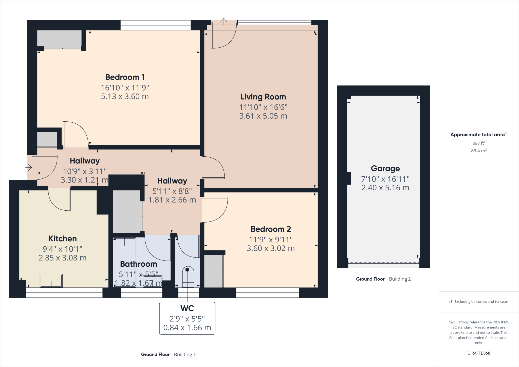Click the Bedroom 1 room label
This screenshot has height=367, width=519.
(x=125, y=77)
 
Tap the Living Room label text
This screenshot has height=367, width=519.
(x=263, y=97)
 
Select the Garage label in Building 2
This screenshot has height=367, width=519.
(x=385, y=169)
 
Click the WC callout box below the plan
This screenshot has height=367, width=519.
(x=187, y=318)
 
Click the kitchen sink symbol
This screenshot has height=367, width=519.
(x=51, y=280)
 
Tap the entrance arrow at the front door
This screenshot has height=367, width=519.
(x=28, y=168)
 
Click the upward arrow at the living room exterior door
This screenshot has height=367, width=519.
(x=224, y=21)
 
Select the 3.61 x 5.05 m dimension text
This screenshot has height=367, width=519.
(x=263, y=116)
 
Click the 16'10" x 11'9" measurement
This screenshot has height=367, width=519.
(x=125, y=88)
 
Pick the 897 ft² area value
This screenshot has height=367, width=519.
(x=478, y=143)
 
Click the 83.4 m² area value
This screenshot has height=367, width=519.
(x=478, y=151)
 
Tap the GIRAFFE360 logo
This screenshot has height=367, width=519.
(x=478, y=353)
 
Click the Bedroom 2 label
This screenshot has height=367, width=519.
(x=270, y=229)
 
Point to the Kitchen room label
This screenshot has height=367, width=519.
(x=62, y=238)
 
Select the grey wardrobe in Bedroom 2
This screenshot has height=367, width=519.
(x=214, y=271)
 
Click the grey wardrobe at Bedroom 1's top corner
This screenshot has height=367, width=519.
(x=59, y=39)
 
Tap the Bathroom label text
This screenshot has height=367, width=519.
(x=138, y=264)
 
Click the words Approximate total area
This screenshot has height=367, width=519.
(x=477, y=135)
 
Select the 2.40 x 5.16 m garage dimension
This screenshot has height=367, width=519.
(x=385, y=188)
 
